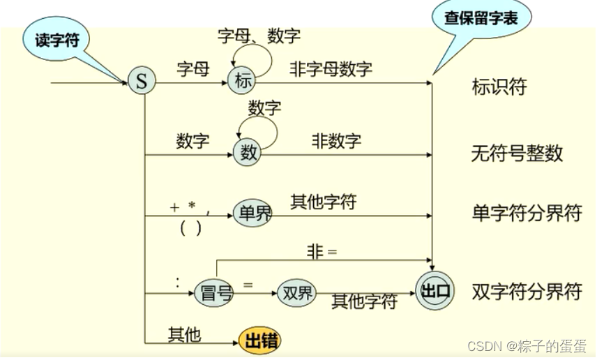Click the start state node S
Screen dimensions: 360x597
142,82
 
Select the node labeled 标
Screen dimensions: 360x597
242,80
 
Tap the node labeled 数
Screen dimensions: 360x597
248,153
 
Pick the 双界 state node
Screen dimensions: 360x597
296,292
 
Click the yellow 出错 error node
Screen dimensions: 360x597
259,341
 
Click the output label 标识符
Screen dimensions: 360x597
499,87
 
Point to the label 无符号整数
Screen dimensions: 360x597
517,153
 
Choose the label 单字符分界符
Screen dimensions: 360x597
527,214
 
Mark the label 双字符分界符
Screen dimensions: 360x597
527,291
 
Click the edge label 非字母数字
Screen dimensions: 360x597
331,68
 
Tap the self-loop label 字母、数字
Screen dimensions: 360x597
259,35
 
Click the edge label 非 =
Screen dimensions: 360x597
322,251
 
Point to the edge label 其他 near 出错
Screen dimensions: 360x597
184,335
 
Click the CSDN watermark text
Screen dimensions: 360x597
527,346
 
